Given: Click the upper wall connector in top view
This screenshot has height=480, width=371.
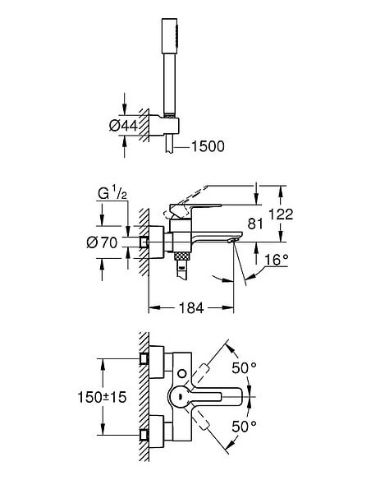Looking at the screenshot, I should click(x=146, y=359).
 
